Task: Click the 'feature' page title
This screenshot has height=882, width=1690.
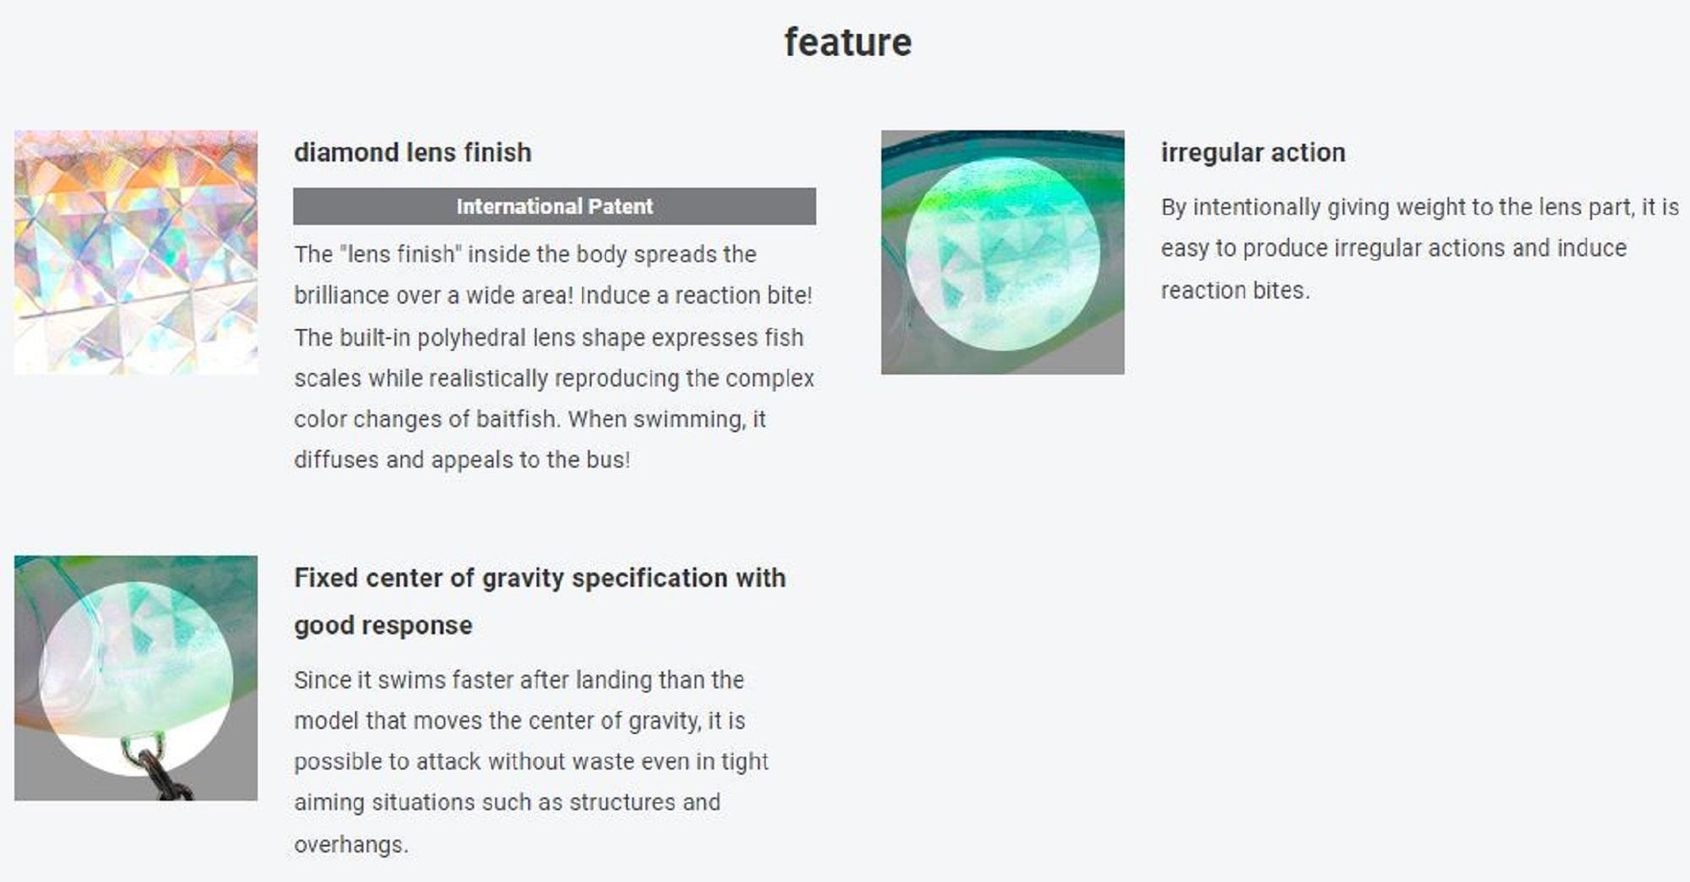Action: point(848,42)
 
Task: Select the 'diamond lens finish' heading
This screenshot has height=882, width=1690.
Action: point(412,152)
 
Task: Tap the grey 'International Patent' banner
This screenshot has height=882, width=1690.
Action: point(554,206)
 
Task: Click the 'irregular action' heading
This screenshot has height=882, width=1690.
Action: point(1252,152)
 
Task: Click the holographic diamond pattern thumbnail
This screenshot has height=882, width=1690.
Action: point(136,252)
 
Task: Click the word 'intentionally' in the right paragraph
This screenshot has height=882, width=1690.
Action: point(1257,207)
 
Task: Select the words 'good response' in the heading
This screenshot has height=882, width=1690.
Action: point(383,626)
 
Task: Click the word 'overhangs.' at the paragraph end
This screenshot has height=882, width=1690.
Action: point(351,844)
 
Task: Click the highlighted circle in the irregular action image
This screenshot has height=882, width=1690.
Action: point(1003,254)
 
